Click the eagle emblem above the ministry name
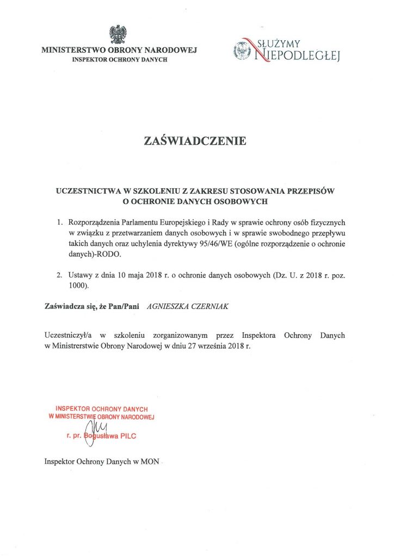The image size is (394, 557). click(x=119, y=34)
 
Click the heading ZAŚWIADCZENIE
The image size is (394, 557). click(x=195, y=141)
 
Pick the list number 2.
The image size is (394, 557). click(x=59, y=275)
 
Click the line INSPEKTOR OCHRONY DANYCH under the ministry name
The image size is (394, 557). click(x=120, y=60)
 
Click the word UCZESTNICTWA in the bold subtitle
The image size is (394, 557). click(x=87, y=191)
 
